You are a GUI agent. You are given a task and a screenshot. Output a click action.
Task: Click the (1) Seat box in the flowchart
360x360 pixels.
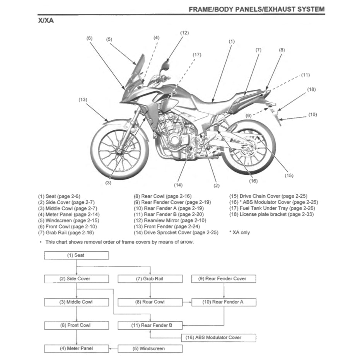pyautogui.click(x=77, y=256)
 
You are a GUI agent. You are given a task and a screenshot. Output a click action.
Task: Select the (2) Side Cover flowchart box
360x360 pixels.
pyautogui.click(x=77, y=279)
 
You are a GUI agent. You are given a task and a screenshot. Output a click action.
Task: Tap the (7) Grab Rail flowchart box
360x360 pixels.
pyautogui.click(x=150, y=279)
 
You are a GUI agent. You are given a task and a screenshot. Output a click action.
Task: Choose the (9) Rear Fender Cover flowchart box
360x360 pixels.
pyautogui.click(x=224, y=279)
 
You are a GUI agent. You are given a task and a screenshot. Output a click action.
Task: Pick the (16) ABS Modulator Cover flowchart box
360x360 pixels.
pyautogui.click(x=218, y=338)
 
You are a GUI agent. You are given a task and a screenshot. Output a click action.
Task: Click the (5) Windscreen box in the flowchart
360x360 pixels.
pyautogui.click(x=150, y=349)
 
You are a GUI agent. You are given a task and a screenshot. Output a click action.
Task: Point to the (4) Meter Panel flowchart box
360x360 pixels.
pyautogui.click(x=77, y=349)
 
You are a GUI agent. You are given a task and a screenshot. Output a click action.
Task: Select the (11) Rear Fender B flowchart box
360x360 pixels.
pyautogui.click(x=150, y=326)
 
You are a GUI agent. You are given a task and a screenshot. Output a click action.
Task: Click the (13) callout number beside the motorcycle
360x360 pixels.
pyautogui.click(x=83, y=100)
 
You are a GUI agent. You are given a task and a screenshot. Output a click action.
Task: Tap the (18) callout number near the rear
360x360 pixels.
pyautogui.click(x=312, y=89)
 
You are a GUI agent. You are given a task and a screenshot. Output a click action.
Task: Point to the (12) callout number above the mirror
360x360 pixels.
pyautogui.click(x=184, y=33)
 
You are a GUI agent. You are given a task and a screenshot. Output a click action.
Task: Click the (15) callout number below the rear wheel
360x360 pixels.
pyautogui.click(x=289, y=176)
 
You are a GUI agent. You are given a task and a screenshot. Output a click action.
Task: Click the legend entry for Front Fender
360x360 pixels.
pyautogui.click(x=169, y=227)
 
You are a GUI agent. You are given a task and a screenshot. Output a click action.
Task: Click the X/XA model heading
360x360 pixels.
pyautogui.click(x=45, y=21)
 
